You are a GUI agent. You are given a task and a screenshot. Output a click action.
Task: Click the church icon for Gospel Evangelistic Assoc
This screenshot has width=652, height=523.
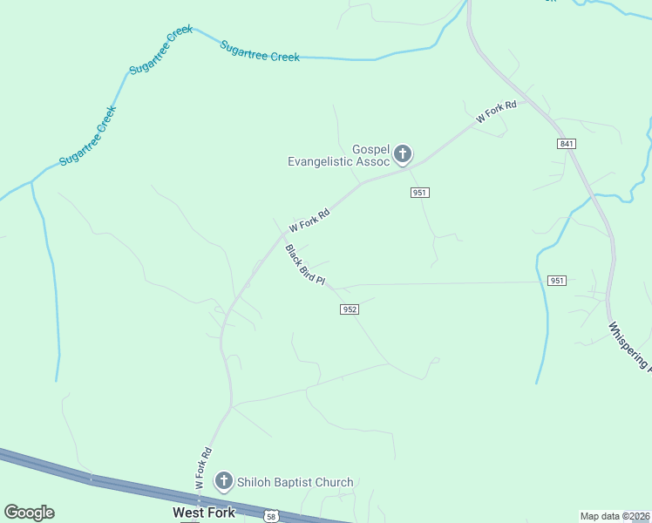tap(402, 155)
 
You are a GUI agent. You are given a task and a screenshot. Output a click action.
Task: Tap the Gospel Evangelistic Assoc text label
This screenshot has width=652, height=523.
tap(338, 155)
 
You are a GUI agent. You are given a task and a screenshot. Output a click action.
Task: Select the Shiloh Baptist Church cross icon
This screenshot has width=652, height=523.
tap(223, 481)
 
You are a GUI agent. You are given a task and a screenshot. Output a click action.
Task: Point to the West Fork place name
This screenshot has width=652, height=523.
tap(203, 513)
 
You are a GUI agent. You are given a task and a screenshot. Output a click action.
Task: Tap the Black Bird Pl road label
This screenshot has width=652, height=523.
tap(305, 265)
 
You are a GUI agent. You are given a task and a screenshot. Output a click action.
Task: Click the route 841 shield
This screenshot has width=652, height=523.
tap(567, 143)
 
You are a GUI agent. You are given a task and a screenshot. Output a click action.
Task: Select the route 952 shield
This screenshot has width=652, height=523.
tap(350, 309)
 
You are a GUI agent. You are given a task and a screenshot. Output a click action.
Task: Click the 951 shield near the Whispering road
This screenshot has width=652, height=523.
tap(558, 281)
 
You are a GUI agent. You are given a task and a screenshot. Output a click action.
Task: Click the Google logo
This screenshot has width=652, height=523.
tap(29, 513)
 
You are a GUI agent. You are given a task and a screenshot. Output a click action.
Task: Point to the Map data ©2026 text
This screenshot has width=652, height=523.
tap(615, 516)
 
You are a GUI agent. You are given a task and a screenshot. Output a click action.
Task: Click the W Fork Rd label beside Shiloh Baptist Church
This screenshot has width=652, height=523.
tap(203, 468)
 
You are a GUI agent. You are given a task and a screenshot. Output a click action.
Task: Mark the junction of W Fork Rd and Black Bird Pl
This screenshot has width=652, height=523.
tap(283, 234)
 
